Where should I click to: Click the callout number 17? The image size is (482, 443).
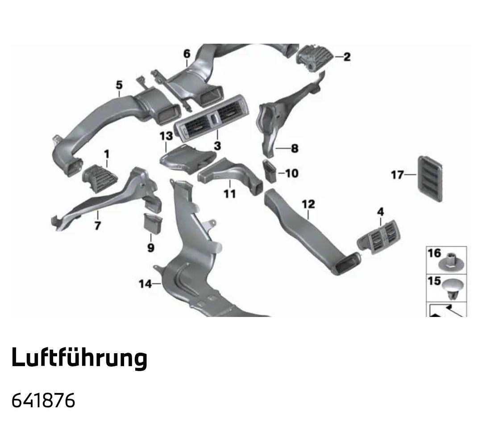click(397, 175)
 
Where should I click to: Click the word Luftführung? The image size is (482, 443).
click(79, 358)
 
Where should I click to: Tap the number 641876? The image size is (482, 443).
click(43, 401)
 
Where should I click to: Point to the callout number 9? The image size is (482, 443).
click(150, 247)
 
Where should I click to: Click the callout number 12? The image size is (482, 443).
click(308, 204)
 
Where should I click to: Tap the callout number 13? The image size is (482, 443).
click(166, 135)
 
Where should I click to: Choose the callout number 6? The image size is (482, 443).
click(187, 54)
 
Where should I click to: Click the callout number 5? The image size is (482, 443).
click(119, 84)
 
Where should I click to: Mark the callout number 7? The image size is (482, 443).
click(97, 226)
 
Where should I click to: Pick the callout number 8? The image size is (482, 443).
click(294, 148)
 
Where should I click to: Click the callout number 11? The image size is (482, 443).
click(229, 194)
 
